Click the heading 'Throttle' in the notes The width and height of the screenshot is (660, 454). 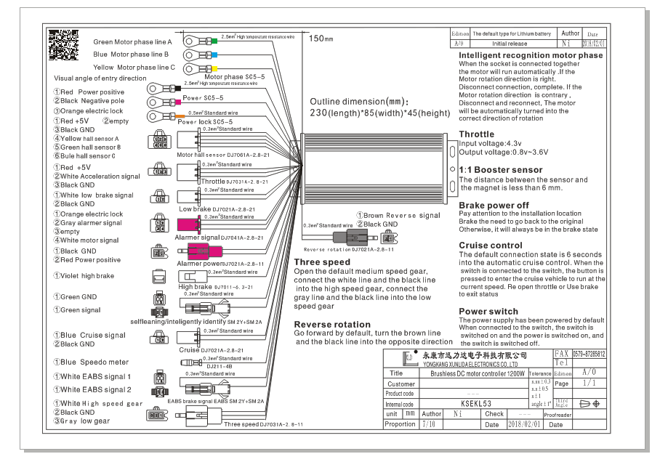coord(476,134)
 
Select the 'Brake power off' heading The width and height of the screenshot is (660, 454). coord(494,206)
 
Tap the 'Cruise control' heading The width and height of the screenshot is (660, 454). coord(491,246)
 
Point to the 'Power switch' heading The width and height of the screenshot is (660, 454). coord(488,312)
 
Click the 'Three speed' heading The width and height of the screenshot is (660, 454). coord(322,262)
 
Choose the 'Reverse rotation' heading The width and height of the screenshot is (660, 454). coord(332,324)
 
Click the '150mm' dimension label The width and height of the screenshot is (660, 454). coord(321,38)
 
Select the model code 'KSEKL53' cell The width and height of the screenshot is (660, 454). coord(476,404)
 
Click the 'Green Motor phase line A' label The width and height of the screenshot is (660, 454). coord(132,42)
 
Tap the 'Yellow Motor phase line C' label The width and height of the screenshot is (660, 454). coord(134,68)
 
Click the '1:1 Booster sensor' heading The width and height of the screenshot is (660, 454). coord(500,170)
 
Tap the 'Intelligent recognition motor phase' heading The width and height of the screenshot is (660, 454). coord(531,55)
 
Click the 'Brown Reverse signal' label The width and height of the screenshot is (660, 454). coord(398,216)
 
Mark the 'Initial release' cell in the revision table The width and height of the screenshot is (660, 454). coord(509,44)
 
